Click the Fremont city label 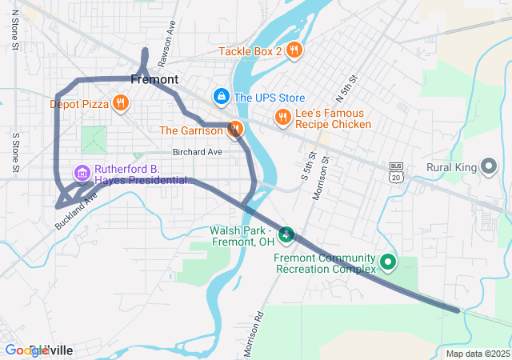click(x=154, y=80)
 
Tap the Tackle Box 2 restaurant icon click(x=294, y=50)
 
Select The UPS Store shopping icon click(x=221, y=97)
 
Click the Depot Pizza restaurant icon click(x=120, y=102)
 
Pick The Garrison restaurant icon click(x=234, y=130)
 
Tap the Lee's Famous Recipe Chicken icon click(x=282, y=118)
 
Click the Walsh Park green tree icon click(x=287, y=235)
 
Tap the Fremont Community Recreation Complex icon click(x=388, y=262)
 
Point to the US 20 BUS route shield click(x=395, y=172)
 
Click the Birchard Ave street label click(x=197, y=152)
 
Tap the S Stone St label click(x=14, y=152)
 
